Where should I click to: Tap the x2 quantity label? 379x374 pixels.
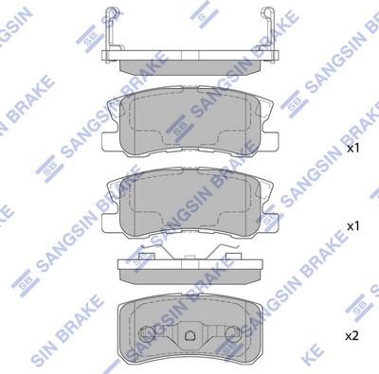[x=352, y=336]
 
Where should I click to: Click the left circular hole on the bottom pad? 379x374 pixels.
[x=148, y=336]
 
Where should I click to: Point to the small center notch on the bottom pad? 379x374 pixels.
[x=189, y=336]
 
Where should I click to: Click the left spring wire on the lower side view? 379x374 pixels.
[x=152, y=253]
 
